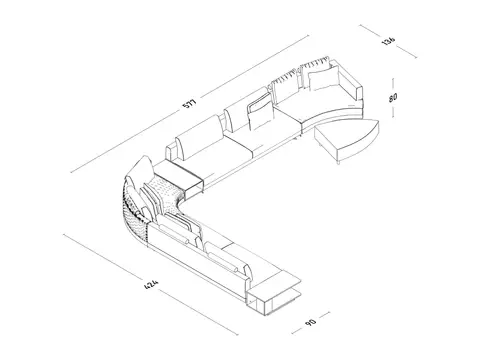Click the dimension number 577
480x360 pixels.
coord(189,103)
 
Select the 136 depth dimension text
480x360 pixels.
coord(389,41)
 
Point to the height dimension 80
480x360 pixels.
coord(393,98)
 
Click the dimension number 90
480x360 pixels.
coord(310,322)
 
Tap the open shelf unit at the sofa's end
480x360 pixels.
coord(273,298)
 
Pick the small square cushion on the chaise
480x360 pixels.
coord(323,78)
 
